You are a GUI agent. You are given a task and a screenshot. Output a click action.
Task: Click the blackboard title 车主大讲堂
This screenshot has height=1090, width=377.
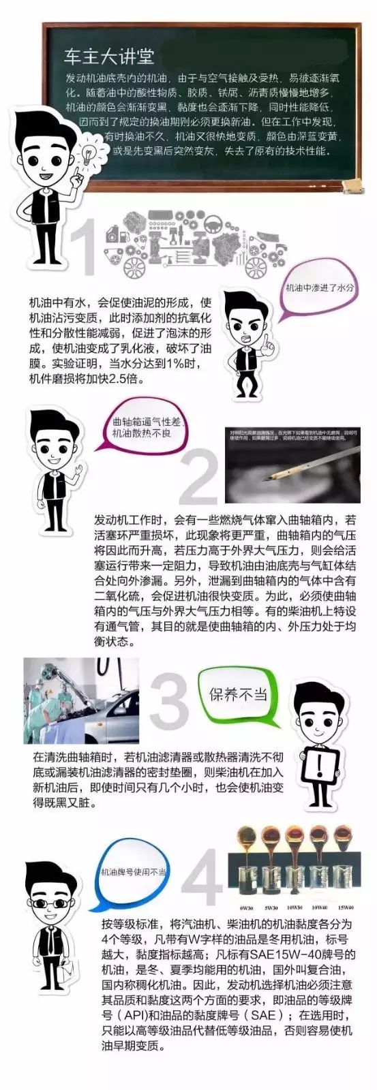point(108,56)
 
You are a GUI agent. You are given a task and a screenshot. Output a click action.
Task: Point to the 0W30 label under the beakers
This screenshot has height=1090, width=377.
point(247,907)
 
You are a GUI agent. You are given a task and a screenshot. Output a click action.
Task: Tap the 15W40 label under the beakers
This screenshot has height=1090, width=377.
point(346,907)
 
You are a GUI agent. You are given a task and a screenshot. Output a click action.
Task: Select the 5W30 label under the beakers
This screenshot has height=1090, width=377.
point(271,907)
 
